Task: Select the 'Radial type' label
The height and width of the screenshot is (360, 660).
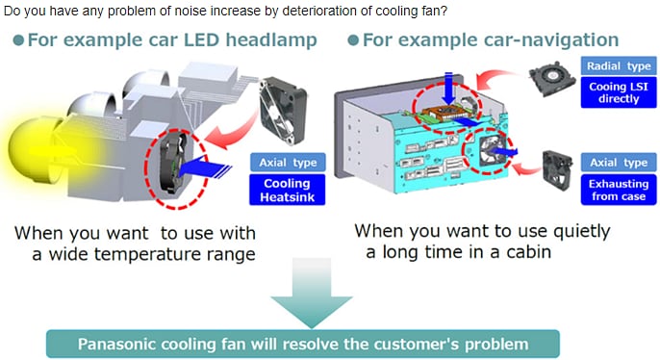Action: pos(618,65)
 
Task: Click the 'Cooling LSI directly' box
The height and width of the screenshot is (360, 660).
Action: pos(618,92)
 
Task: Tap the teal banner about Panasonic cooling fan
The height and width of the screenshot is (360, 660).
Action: pos(302,344)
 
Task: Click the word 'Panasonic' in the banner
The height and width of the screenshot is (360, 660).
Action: pos(123,344)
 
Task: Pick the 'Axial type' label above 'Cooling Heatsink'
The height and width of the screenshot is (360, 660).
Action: pos(287,163)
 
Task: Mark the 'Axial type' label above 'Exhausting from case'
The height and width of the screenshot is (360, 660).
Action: pos(618,163)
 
